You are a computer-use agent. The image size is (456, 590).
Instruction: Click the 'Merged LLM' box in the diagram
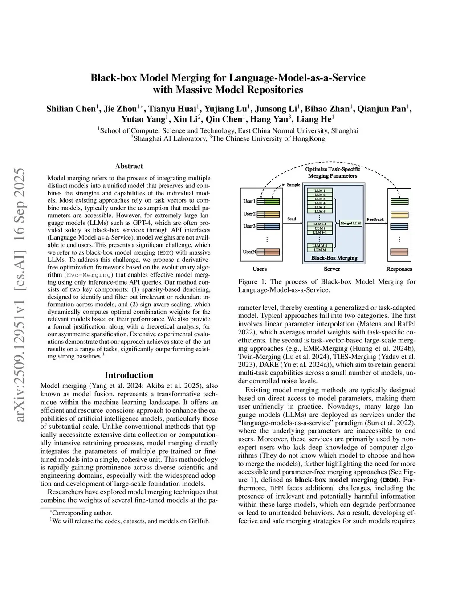pyautogui.click(x=350, y=223)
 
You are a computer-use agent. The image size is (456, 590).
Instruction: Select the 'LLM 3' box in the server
pyautogui.click(x=319, y=199)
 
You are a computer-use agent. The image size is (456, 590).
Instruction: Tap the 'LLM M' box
pyautogui.click(x=319, y=250)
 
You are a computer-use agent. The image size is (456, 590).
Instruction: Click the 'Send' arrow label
pyautogui.click(x=292, y=219)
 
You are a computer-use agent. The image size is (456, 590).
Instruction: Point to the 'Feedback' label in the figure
pyautogui.click(x=375, y=219)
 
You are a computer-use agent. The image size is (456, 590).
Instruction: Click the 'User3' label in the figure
pyautogui.click(x=249, y=226)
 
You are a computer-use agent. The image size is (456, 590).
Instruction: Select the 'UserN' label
pyautogui.click(x=249, y=252)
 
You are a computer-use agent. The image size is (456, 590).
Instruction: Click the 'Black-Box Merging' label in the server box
pyautogui.click(x=334, y=258)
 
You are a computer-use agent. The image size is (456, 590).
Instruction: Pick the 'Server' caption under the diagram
pyautogui.click(x=332, y=269)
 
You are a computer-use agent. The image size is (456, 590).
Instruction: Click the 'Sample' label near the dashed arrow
pyautogui.click(x=293, y=185)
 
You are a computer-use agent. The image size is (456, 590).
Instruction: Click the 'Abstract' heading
pyautogui.click(x=129, y=166)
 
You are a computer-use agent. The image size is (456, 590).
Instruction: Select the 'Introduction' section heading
pyautogui.click(x=129, y=375)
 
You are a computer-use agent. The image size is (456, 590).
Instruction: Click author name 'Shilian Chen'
pyautogui.click(x=70, y=109)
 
